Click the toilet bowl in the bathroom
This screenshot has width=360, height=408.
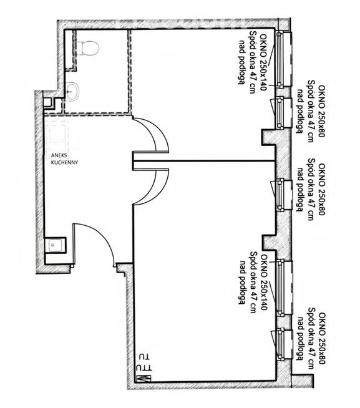coord(90,47)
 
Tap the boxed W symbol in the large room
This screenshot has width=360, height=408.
coord(143,377)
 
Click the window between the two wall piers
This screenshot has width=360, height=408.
coord(281,195)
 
